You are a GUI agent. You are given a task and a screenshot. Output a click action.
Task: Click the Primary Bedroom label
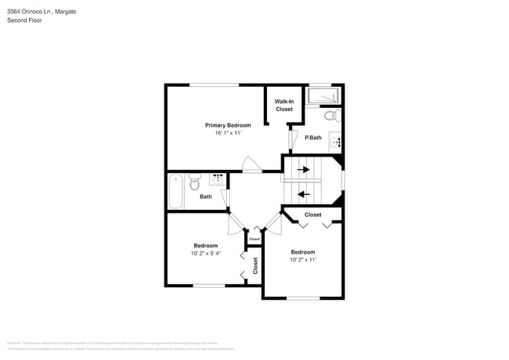point(228,125)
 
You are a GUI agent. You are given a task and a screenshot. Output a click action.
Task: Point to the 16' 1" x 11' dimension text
point(228,133)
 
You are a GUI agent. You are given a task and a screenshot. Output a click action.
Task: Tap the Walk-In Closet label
point(284,105)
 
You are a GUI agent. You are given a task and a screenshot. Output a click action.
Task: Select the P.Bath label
point(313,138)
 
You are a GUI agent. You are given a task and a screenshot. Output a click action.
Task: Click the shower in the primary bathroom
point(323,95)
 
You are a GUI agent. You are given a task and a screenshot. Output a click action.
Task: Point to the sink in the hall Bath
point(216,178)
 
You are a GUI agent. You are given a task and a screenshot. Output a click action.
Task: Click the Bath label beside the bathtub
point(205,196)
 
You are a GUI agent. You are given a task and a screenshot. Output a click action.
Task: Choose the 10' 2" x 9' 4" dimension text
point(205,253)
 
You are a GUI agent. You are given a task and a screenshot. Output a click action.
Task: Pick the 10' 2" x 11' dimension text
point(303,260)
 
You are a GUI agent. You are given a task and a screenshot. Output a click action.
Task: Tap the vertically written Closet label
point(255,265)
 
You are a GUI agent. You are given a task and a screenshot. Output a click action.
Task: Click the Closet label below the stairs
point(312,214)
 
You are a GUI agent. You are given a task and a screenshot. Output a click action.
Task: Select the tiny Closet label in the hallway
point(254,239)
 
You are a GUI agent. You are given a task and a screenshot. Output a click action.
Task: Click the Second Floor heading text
point(25,20)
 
